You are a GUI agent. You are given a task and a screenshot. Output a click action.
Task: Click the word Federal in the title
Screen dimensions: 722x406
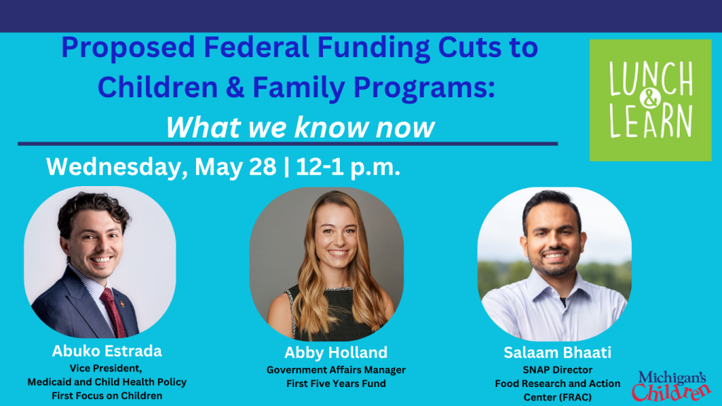[255, 47]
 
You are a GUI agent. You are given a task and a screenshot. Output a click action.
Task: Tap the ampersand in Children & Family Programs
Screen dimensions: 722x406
[235, 87]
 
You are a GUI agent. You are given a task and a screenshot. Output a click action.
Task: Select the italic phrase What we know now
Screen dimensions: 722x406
[300, 127]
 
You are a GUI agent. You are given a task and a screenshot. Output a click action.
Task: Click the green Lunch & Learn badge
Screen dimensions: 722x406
[650, 100]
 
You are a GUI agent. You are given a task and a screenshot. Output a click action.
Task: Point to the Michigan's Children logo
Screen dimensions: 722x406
[671, 386]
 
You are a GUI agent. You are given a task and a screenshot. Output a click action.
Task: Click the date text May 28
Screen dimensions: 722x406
[235, 166]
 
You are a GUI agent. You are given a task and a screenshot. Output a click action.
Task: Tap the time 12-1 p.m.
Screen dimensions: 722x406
[348, 166]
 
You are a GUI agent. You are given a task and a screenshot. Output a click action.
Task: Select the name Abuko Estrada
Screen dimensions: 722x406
[107, 351]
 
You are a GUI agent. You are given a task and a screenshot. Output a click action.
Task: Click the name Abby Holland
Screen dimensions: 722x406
[336, 352]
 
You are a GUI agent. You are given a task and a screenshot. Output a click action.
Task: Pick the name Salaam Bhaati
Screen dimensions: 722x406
[557, 352]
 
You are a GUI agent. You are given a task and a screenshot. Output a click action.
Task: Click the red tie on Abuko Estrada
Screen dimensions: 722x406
[113, 312]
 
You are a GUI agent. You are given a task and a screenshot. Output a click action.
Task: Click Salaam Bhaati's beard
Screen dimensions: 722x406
[554, 262]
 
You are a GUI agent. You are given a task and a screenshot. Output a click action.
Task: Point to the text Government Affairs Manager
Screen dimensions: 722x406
[336, 370]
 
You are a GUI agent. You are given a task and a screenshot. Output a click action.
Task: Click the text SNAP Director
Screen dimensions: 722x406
[557, 370]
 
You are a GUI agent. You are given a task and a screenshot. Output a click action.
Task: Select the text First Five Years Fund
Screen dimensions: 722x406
[336, 383]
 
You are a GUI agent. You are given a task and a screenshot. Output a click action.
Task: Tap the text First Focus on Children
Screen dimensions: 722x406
[107, 396]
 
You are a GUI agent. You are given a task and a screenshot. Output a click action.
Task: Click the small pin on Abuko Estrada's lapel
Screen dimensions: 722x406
[121, 304]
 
